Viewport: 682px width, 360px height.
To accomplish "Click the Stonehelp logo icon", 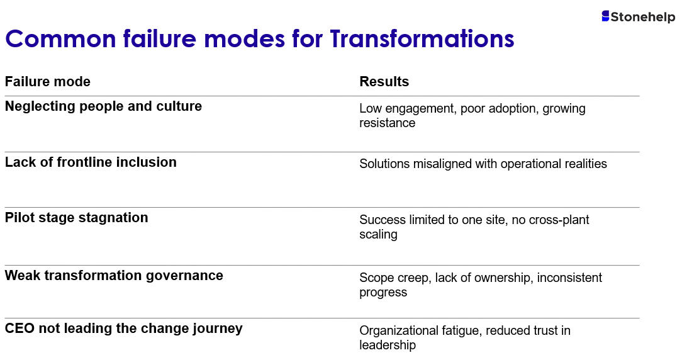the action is [x=605, y=16].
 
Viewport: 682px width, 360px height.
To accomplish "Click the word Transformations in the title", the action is [x=422, y=39].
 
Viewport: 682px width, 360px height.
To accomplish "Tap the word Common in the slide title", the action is [x=60, y=39].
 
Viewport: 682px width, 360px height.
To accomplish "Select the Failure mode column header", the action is [x=47, y=81].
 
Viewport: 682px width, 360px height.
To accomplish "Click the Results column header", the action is [x=384, y=81].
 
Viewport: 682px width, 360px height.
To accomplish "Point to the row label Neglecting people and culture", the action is [x=103, y=106].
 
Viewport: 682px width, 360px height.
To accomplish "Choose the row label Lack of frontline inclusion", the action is [x=91, y=162].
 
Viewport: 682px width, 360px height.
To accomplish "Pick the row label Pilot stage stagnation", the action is [x=76, y=218].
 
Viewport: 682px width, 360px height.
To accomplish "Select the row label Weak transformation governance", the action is [x=113, y=276].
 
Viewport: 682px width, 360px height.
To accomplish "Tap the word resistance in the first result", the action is [x=387, y=123].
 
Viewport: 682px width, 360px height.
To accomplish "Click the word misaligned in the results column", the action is [x=442, y=164].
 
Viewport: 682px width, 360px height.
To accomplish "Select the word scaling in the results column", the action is [x=378, y=235].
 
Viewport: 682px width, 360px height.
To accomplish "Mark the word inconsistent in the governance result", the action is [x=569, y=278].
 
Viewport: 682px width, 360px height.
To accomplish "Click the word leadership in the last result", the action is [x=387, y=345].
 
